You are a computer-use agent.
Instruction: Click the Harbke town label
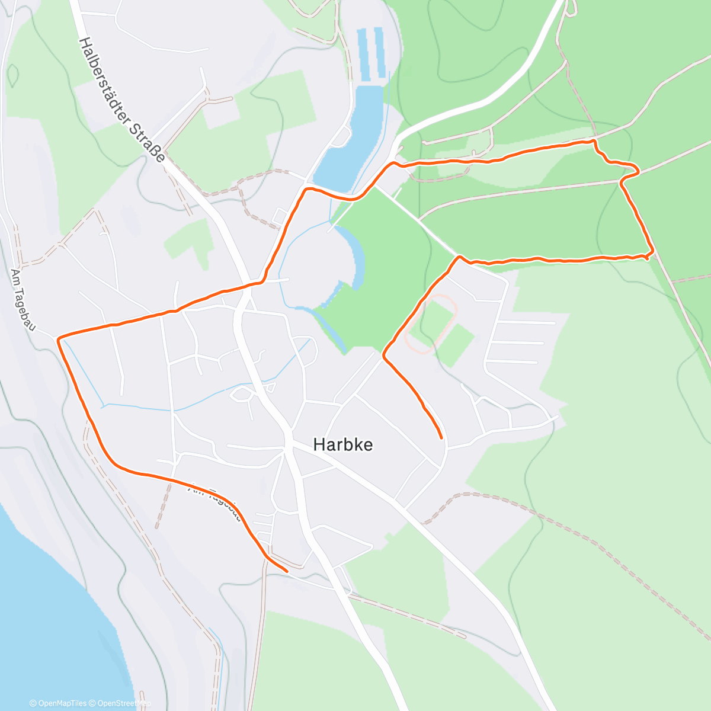click(x=343, y=445)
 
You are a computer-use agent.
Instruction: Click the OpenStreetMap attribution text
click(x=124, y=703)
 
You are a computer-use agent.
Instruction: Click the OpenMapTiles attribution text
click(x=62, y=703)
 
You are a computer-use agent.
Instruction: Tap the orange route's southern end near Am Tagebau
click(x=287, y=571)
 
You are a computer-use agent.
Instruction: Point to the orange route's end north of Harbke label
click(x=441, y=438)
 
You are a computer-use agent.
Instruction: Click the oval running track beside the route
click(x=431, y=324)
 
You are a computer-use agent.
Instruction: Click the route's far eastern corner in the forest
click(x=652, y=254)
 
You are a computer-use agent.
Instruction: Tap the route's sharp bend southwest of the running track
click(x=384, y=356)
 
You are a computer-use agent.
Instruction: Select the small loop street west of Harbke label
click(x=241, y=393)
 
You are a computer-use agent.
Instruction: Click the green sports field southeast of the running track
click(x=457, y=345)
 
